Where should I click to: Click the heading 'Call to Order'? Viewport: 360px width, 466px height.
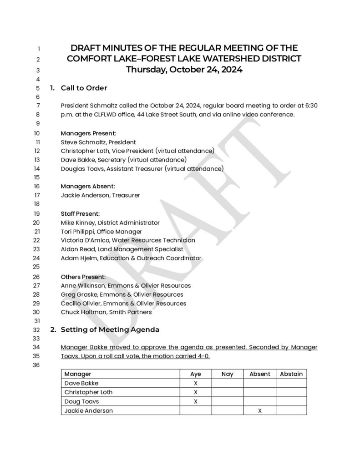click(x=84, y=88)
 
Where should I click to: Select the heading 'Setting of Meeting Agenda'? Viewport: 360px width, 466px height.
click(x=110, y=329)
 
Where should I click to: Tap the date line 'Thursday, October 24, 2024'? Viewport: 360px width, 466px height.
click(x=184, y=70)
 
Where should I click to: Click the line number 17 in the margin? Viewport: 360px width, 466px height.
click(x=37, y=195)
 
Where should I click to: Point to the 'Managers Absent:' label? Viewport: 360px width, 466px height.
click(x=88, y=186)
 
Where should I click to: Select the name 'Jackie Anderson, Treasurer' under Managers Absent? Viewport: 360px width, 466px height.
click(x=100, y=195)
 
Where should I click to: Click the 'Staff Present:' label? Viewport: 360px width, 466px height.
click(x=80, y=213)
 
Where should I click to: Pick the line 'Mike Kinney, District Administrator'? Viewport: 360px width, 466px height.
click(x=110, y=223)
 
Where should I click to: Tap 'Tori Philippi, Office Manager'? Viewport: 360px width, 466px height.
click(x=101, y=232)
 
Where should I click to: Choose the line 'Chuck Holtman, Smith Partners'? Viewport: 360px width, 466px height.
click(x=106, y=312)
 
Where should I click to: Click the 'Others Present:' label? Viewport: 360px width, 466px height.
click(x=83, y=277)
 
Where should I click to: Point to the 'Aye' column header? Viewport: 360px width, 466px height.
click(x=196, y=374)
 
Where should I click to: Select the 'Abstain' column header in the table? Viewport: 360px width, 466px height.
click(x=291, y=374)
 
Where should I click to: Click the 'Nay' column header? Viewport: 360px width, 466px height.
click(x=227, y=374)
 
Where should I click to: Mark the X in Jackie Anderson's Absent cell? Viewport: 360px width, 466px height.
click(x=260, y=410)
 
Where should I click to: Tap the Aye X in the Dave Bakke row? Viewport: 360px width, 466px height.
click(x=196, y=383)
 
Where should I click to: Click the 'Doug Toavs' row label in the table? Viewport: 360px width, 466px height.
click(x=82, y=401)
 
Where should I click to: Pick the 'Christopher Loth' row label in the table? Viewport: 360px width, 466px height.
click(x=88, y=392)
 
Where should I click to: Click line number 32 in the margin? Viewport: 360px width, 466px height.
click(x=37, y=329)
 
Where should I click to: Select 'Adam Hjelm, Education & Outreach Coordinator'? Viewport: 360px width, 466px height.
click(x=131, y=258)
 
